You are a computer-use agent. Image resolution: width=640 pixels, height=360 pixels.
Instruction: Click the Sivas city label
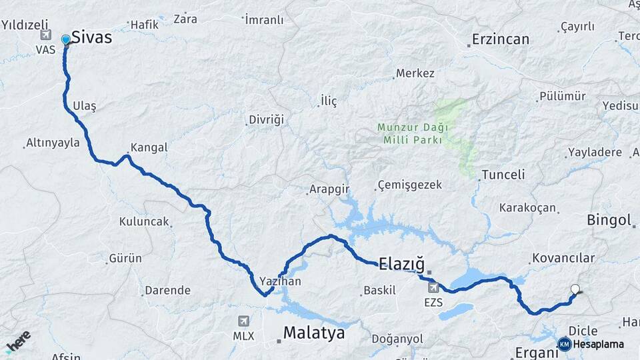(91, 37)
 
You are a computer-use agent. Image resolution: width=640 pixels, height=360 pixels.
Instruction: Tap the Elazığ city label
(401, 263)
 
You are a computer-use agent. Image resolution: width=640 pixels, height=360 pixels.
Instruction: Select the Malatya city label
(314, 333)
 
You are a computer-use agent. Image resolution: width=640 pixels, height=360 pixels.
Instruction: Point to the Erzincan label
(500, 39)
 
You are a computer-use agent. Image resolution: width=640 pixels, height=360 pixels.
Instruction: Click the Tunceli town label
(503, 175)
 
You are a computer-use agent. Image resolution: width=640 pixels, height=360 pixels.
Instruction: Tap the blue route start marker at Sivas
(65, 41)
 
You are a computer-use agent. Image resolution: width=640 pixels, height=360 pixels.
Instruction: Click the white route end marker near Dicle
(575, 289)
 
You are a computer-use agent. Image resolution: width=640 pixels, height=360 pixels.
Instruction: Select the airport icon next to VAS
(45, 35)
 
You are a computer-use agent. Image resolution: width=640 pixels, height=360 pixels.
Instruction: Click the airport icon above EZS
(434, 287)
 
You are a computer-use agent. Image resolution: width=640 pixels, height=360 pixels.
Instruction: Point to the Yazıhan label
(280, 281)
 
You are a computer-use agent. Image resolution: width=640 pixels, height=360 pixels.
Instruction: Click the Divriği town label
(266, 119)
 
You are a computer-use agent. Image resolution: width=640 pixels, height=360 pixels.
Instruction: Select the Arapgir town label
(329, 189)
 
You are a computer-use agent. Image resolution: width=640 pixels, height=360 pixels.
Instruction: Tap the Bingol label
(609, 221)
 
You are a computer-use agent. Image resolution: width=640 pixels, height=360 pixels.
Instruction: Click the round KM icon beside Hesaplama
(564, 344)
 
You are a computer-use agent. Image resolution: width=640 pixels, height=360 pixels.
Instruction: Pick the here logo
(18, 341)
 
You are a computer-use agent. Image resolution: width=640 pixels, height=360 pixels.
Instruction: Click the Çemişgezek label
(409, 185)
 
